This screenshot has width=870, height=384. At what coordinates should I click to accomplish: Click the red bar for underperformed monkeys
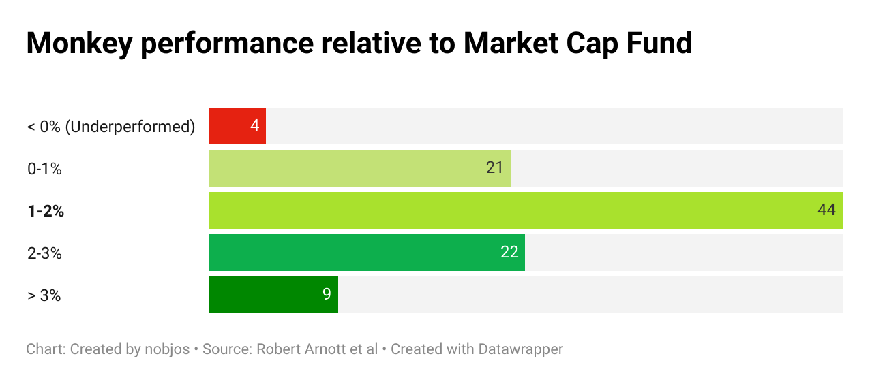237,126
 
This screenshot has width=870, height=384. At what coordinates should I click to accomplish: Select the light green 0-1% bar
359,168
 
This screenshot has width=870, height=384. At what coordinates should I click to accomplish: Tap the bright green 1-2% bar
525,210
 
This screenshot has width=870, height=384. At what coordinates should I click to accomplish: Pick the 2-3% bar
366,253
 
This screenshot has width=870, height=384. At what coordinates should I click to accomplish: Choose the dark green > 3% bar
273,295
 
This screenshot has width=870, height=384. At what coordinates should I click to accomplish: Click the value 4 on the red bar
254,126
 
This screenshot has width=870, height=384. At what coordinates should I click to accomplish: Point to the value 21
494,168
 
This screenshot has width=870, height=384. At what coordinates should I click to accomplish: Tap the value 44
826,210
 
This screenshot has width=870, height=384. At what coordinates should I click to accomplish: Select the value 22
509,253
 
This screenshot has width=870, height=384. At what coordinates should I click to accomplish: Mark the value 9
327,295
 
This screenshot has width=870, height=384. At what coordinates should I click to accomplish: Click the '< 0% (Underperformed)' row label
111,127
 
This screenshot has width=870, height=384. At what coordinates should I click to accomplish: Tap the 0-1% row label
44,169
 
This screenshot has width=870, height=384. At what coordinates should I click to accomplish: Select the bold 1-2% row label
46,211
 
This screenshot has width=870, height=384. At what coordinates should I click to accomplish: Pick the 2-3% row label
44,253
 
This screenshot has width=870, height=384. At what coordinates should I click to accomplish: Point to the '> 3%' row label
44,295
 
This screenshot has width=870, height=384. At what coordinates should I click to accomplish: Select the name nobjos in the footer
163,349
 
